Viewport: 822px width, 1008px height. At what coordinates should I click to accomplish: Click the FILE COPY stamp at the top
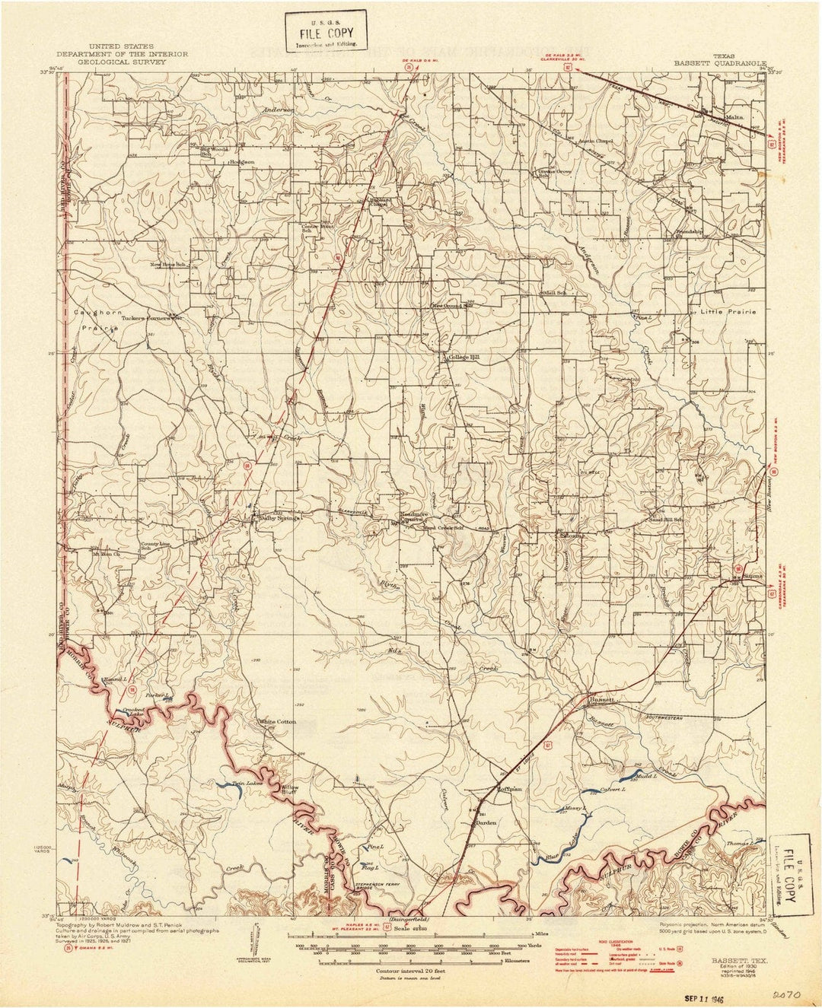(x=326, y=33)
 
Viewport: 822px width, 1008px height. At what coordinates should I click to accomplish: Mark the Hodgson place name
(x=241, y=162)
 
